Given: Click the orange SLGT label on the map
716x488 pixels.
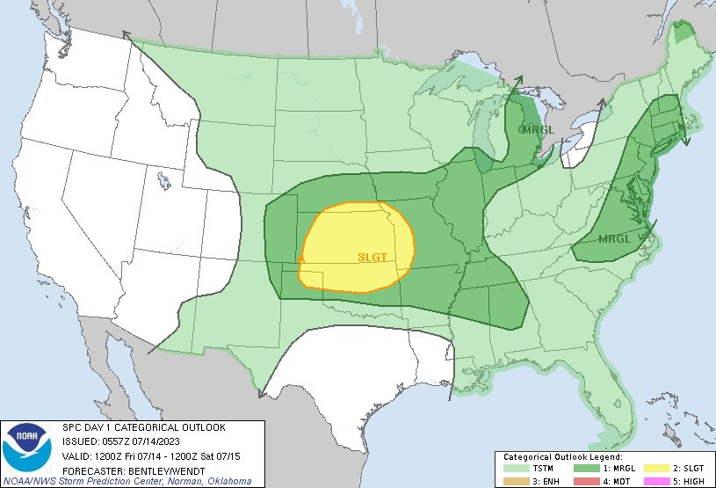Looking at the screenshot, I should click(x=372, y=257).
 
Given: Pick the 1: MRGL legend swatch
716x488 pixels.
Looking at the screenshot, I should click(x=586, y=469).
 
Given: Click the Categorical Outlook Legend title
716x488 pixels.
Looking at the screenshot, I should click(x=563, y=457).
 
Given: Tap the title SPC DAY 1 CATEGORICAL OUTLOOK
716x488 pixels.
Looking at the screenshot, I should click(x=143, y=426).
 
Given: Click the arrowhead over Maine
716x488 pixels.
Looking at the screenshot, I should click(x=686, y=140).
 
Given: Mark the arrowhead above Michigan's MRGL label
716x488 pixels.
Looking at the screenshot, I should click(x=517, y=80).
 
